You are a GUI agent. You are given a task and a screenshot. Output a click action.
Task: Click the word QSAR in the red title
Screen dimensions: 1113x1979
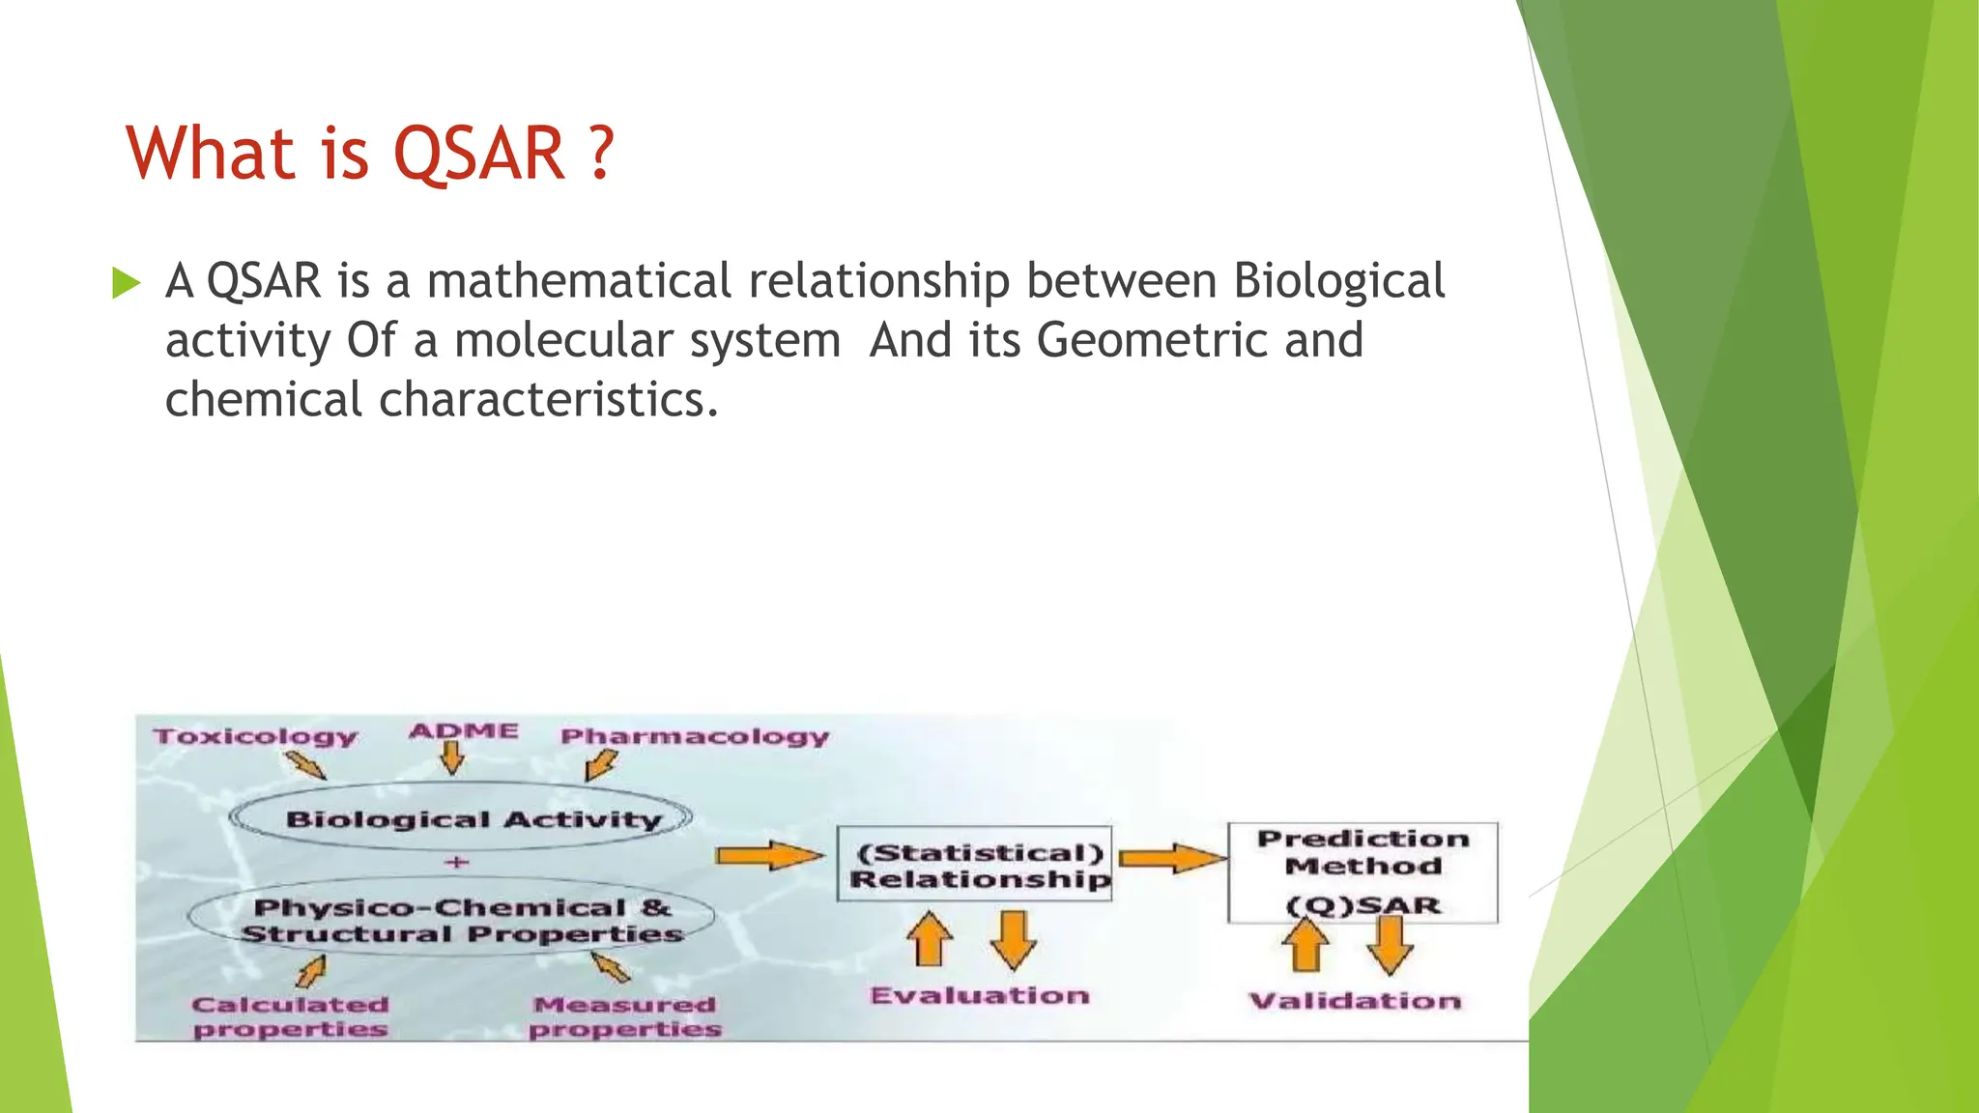[x=479, y=154]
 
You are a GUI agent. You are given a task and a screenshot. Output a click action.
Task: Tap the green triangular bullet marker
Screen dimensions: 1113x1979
[x=126, y=283]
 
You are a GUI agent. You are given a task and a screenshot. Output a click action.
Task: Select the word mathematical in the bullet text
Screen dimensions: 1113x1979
[x=579, y=281]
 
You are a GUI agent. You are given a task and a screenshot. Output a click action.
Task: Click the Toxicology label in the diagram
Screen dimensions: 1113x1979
[x=256, y=736]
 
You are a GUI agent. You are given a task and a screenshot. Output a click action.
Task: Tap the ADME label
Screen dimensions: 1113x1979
[x=464, y=730]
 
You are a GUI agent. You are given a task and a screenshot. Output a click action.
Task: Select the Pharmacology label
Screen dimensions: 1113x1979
[x=695, y=736]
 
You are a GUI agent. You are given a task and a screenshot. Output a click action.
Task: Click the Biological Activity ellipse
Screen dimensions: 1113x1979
[x=462, y=818]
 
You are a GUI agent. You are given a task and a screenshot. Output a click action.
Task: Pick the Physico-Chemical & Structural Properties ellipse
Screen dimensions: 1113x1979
[x=452, y=920]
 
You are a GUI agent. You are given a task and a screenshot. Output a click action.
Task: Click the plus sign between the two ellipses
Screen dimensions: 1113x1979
[x=457, y=862]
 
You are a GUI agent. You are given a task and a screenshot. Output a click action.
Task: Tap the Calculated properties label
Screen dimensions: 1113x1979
[x=290, y=1017]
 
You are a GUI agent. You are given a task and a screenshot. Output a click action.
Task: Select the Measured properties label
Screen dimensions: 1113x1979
[x=625, y=1017]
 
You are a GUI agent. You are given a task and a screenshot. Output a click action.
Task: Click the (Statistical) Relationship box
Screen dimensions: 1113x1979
[x=974, y=865]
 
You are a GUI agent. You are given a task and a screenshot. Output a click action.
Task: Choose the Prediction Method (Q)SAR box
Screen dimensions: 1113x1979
[x=1362, y=871]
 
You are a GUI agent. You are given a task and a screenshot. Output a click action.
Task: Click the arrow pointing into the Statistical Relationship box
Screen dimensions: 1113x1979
[x=769, y=855]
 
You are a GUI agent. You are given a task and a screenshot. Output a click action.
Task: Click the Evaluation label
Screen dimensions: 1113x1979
[x=979, y=996]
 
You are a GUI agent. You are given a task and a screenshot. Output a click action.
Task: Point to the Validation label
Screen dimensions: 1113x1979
[x=1355, y=1001]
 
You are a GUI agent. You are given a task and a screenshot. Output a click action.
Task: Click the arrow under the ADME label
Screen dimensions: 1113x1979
[x=452, y=757]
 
